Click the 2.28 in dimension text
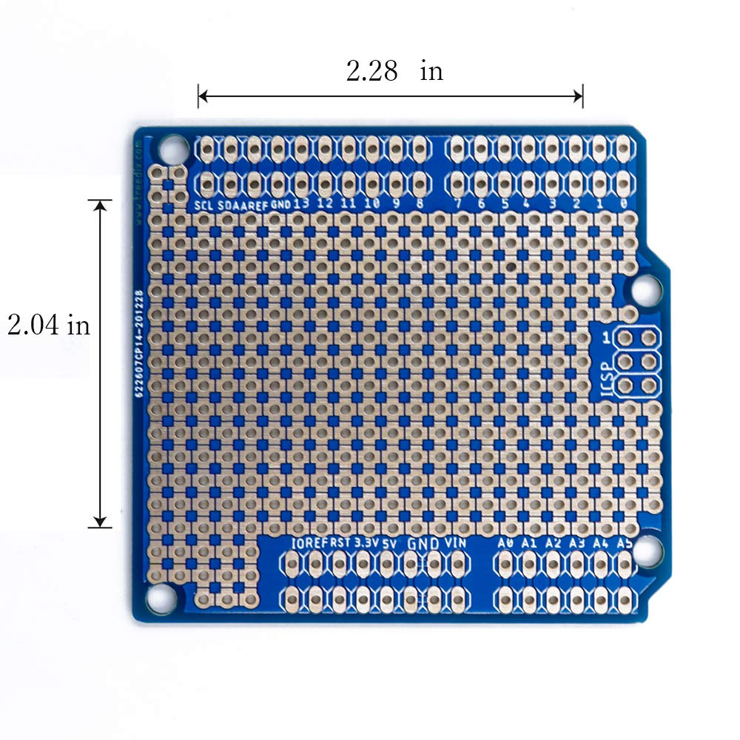pyautogui.click(x=394, y=71)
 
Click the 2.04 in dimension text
pyautogui.click(x=49, y=325)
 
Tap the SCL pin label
pyautogui.click(x=203, y=204)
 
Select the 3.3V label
pyautogui.click(x=366, y=542)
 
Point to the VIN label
pyautogui.click(x=457, y=542)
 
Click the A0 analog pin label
pyautogui.click(x=505, y=542)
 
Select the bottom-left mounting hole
pyautogui.click(x=161, y=597)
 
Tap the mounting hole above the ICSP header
pyautogui.click(x=645, y=289)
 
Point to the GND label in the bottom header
pyautogui.click(x=424, y=542)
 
